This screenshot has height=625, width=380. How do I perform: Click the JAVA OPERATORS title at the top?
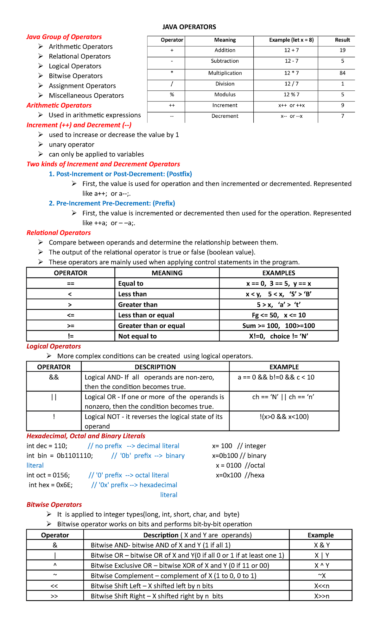pos(189,27)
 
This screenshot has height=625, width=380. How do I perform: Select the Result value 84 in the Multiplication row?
pos(342,73)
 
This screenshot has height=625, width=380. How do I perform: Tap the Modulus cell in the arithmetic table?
pos(225,95)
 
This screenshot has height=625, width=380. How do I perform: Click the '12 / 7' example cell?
pos(291,84)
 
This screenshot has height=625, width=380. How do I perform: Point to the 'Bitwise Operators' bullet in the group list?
pos(76,76)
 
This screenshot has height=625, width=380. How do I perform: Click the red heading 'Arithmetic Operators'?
pos(59,105)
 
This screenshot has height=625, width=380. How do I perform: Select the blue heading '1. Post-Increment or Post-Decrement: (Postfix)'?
pos(120,174)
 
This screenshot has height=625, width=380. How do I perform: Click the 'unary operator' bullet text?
pos(72,145)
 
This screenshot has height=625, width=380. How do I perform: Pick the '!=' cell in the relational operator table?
pos(71,336)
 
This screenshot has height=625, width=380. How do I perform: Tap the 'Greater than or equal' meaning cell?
pos(151,326)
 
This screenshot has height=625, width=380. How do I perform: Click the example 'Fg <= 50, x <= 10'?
pos(279,315)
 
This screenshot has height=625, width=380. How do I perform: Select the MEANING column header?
pos(167,273)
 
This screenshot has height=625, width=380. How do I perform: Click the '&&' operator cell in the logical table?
pos(54,377)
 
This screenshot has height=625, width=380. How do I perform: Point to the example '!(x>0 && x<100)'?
pos(284,417)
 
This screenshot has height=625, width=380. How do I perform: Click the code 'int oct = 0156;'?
pos(48,475)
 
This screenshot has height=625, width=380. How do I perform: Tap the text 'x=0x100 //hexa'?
pos(240,475)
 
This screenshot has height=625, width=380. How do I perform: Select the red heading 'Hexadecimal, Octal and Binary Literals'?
pos(86,436)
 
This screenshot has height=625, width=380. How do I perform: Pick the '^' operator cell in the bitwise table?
pos(55,565)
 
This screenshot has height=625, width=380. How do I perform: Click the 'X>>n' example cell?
pos(321,596)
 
